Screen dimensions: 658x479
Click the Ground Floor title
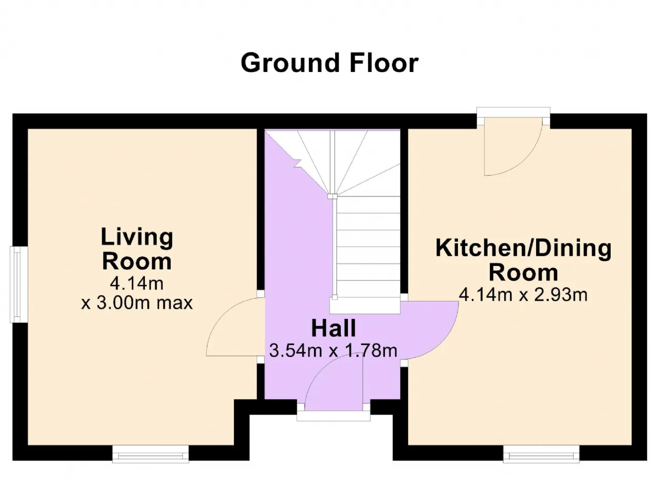click(330, 63)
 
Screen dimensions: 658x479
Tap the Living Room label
click(137, 250)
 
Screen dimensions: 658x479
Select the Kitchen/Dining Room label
click(523, 261)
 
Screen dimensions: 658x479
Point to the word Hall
click(334, 328)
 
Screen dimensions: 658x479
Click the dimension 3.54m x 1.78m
click(334, 351)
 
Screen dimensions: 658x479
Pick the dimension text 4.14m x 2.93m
click(523, 295)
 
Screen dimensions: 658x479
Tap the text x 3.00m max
click(137, 303)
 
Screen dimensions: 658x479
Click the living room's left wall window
click(19, 285)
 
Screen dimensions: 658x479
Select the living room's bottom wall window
click(151, 454)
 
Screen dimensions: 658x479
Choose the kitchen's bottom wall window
click(541, 454)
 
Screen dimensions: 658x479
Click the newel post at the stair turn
click(333, 197)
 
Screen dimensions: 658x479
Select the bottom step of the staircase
click(365, 306)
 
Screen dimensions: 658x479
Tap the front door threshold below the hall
click(334, 416)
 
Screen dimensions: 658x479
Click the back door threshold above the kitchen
click(513, 112)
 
